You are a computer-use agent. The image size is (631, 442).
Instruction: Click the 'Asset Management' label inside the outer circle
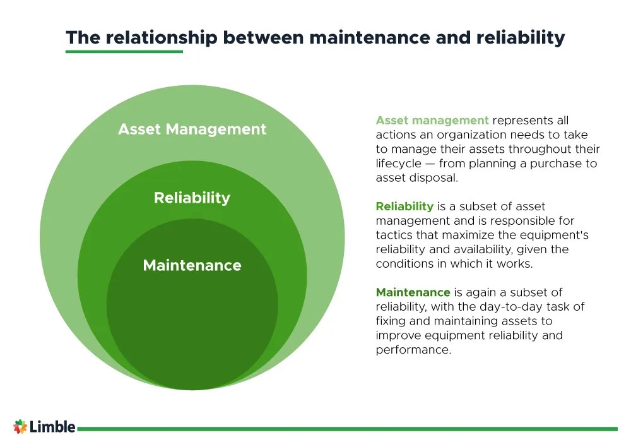pos(192,129)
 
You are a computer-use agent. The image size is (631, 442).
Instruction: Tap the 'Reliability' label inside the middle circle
pos(192,198)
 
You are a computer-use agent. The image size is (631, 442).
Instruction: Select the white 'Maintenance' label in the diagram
pos(192,265)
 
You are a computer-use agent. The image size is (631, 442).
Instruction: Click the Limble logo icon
pos(20,427)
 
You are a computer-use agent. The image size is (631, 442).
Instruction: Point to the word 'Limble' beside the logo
pos(53,427)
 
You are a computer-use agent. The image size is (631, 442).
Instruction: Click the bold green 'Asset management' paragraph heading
pos(432,120)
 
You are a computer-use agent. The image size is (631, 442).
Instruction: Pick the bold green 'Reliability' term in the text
pos(404,206)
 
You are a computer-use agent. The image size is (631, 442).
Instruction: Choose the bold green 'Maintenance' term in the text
pos(413,292)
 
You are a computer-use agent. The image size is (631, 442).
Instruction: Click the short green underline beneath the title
pos(124,52)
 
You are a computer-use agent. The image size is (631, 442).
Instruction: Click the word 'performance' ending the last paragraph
pos(413,350)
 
